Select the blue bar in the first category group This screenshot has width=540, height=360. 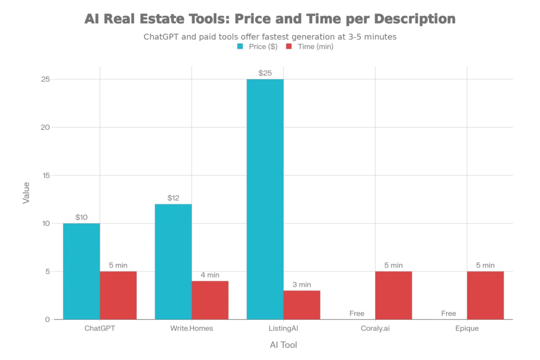click(81, 271)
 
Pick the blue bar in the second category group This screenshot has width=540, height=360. click(172, 261)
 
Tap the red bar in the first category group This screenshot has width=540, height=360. click(119, 295)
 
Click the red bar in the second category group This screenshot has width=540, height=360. click(210, 299)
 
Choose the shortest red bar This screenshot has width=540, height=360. click(302, 304)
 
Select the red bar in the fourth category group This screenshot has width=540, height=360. click(394, 295)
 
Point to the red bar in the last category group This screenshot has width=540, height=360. click(486, 295)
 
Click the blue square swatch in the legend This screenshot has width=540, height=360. click(240, 46)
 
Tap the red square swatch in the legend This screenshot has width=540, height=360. click(288, 46)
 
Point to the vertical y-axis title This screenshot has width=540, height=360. click(25, 193)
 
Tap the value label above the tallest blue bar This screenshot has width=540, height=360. click(265, 71)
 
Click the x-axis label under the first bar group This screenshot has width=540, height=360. click(100, 329)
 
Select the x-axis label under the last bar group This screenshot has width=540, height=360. click(468, 329)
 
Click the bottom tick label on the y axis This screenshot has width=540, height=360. click(45, 319)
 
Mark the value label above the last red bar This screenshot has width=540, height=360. click(485, 266)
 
